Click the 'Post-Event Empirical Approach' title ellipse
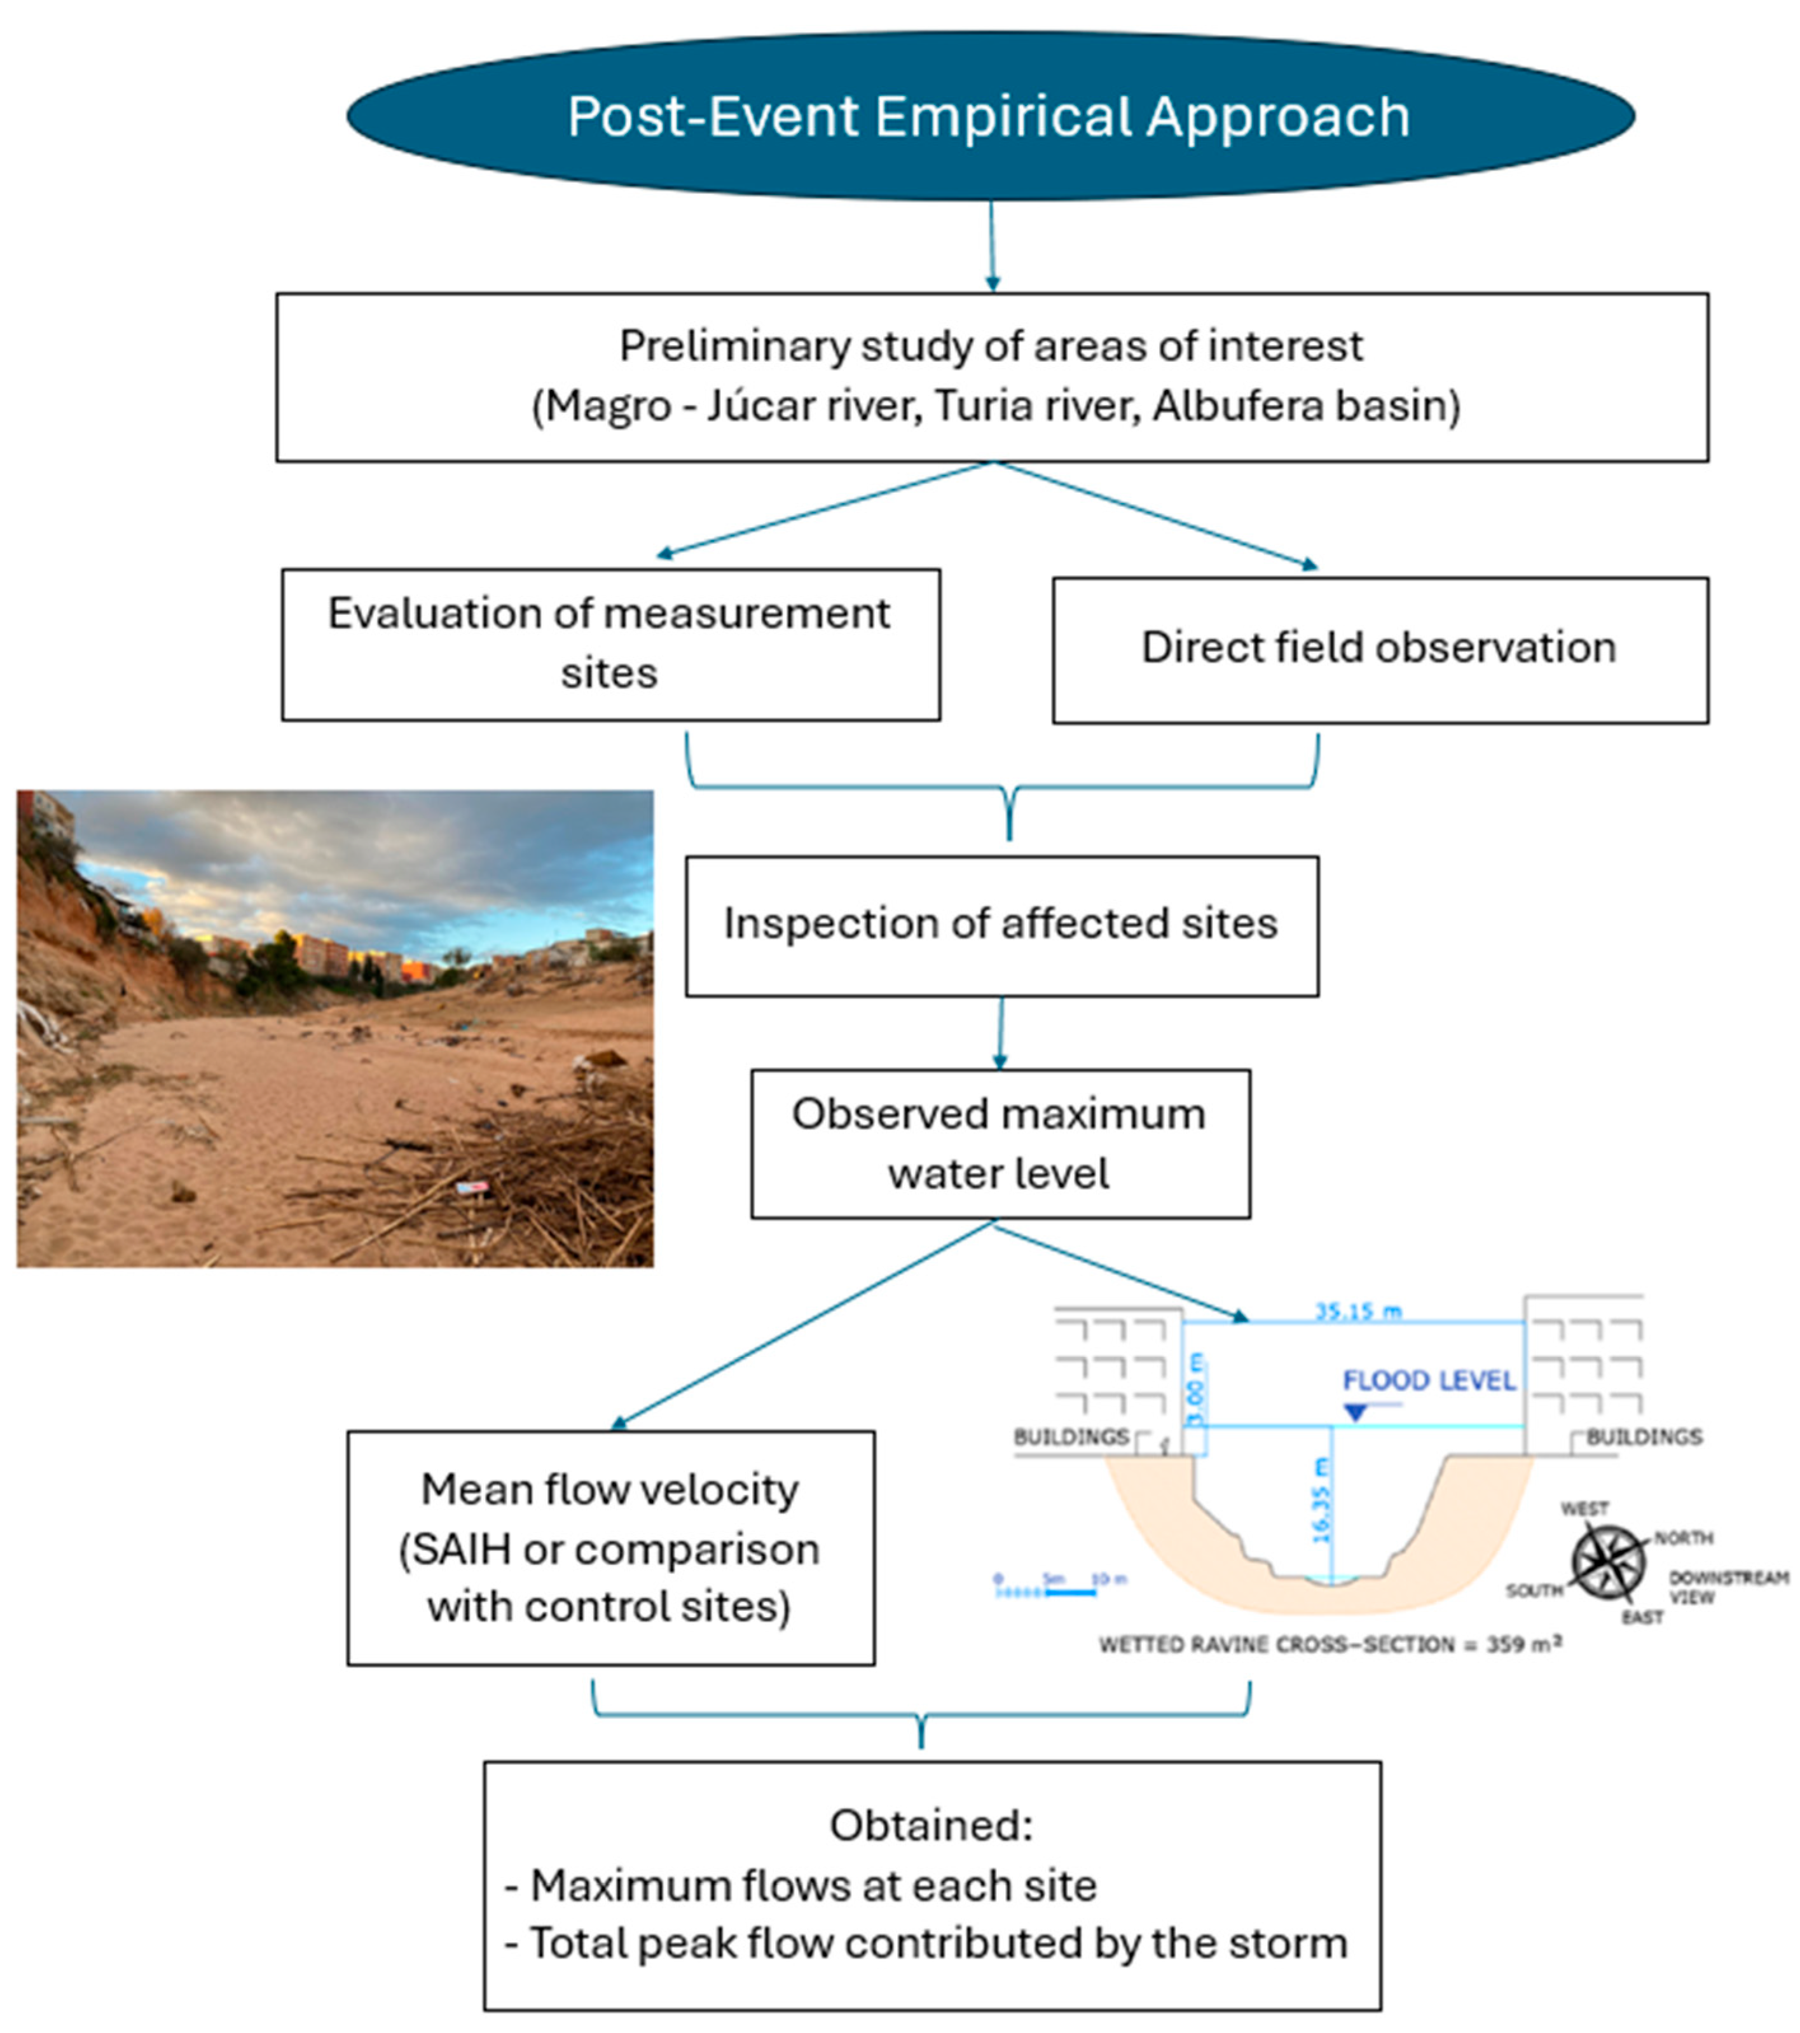coord(989,116)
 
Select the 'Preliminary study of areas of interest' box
coord(991,377)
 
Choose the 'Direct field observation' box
coord(1379,649)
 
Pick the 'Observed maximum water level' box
coord(1000,1144)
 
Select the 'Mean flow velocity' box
coord(610,1548)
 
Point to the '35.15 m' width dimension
coord(1359,1311)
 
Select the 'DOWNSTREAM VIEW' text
coord(1728,1587)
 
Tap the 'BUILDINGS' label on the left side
coord(1071,1437)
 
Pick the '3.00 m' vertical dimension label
coord(1197,1388)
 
